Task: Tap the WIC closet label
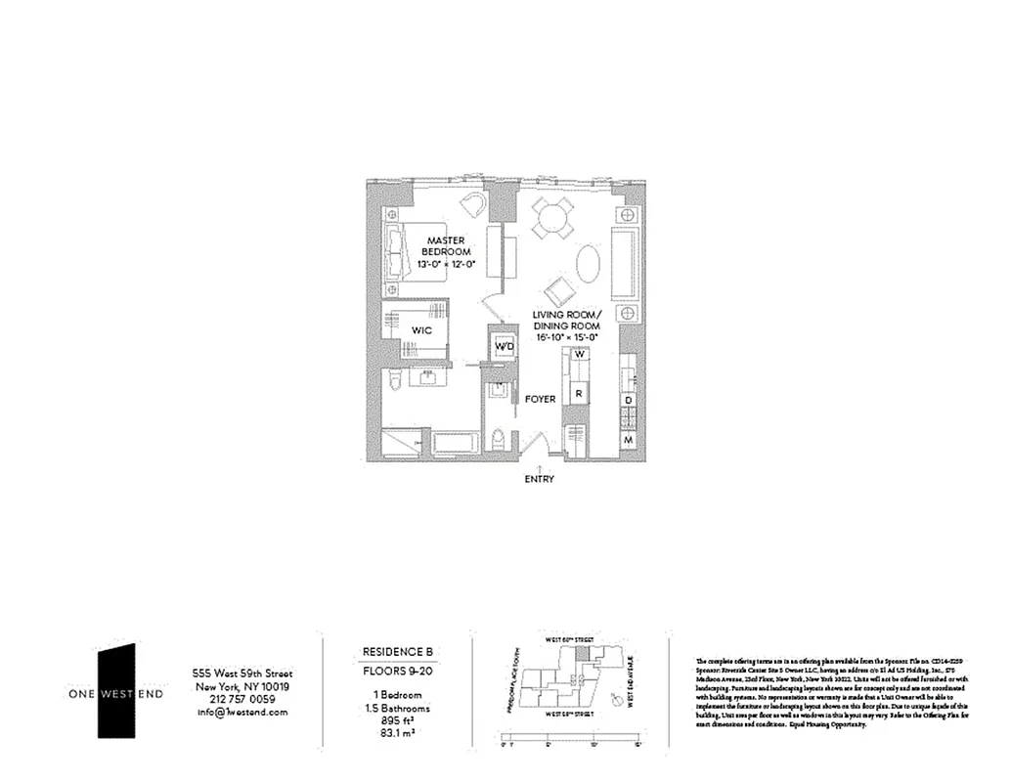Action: [x=422, y=331]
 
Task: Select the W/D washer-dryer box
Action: [x=504, y=347]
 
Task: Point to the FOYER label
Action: [x=540, y=399]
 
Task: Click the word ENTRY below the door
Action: [x=539, y=479]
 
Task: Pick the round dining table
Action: [x=553, y=217]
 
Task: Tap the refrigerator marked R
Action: [x=579, y=394]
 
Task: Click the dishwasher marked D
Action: [x=629, y=401]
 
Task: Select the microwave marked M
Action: [x=629, y=441]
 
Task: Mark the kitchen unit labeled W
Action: [x=579, y=354]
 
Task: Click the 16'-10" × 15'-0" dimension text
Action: [x=564, y=336]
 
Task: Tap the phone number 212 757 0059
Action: [x=242, y=699]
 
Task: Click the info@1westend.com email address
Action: [x=242, y=713]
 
